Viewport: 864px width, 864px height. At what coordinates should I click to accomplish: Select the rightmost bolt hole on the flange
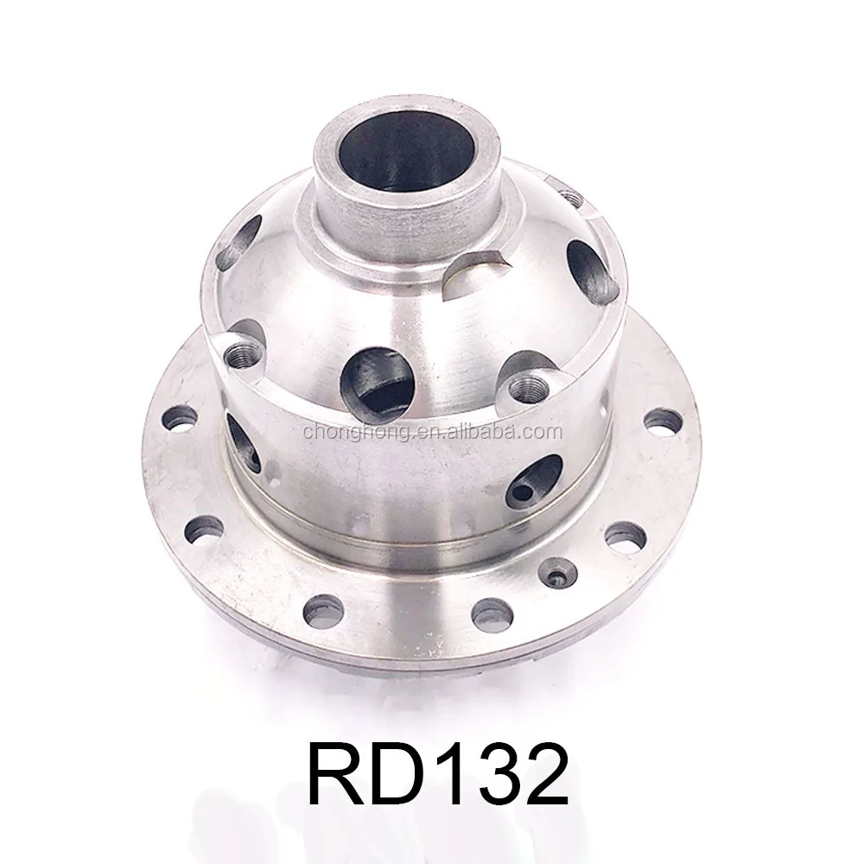(663, 422)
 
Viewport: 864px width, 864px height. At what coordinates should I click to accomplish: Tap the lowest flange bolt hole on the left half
(322, 610)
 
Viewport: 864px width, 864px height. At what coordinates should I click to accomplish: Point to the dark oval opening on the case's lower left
(243, 442)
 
